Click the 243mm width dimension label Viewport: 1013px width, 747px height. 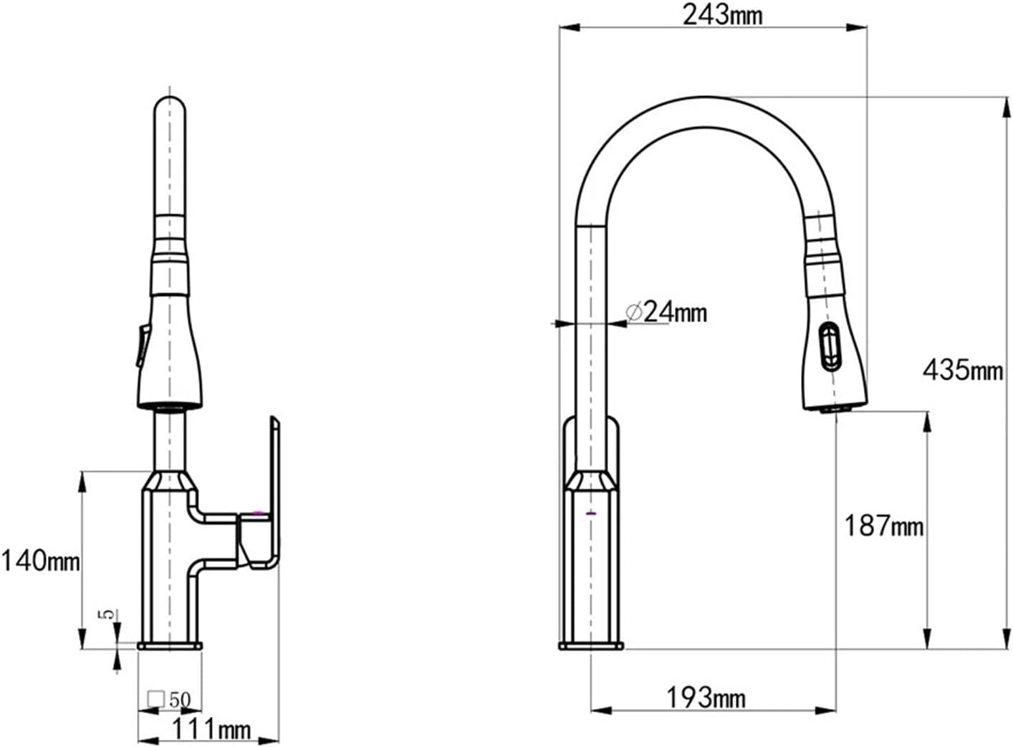[x=722, y=15]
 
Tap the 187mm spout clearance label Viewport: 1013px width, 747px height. [x=883, y=525]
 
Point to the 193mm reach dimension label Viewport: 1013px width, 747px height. [x=706, y=698]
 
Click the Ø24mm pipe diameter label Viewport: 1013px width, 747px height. [x=666, y=312]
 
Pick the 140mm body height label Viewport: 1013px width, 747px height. [x=41, y=561]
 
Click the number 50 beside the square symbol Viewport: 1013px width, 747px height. [x=180, y=700]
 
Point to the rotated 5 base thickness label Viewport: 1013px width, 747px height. [x=108, y=614]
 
